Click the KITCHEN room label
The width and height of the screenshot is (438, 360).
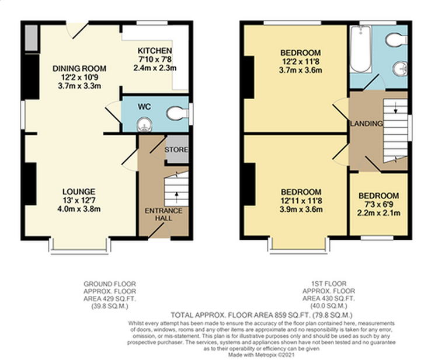[155, 51]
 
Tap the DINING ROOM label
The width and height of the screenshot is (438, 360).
[79, 68]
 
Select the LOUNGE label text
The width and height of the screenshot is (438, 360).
[79, 192]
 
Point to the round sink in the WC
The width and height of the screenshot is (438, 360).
[144, 124]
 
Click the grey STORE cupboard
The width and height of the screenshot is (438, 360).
[176, 149]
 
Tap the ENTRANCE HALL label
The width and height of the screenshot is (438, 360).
[164, 214]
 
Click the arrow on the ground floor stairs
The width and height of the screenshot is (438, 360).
[176, 198]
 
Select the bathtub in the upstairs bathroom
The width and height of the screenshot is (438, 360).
[361, 49]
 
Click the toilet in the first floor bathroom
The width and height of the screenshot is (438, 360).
[397, 40]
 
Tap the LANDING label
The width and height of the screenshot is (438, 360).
[367, 123]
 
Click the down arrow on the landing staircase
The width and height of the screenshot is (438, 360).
[395, 107]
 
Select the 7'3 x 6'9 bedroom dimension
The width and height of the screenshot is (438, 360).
[379, 204]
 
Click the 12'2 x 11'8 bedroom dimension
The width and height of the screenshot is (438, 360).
[301, 61]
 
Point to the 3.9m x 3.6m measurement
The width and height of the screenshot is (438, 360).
[301, 209]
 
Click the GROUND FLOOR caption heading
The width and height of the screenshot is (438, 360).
[110, 284]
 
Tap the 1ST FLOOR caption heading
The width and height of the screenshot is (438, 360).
[329, 284]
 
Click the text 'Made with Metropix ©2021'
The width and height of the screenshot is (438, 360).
[261, 355]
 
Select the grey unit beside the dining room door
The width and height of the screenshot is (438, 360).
[32, 39]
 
